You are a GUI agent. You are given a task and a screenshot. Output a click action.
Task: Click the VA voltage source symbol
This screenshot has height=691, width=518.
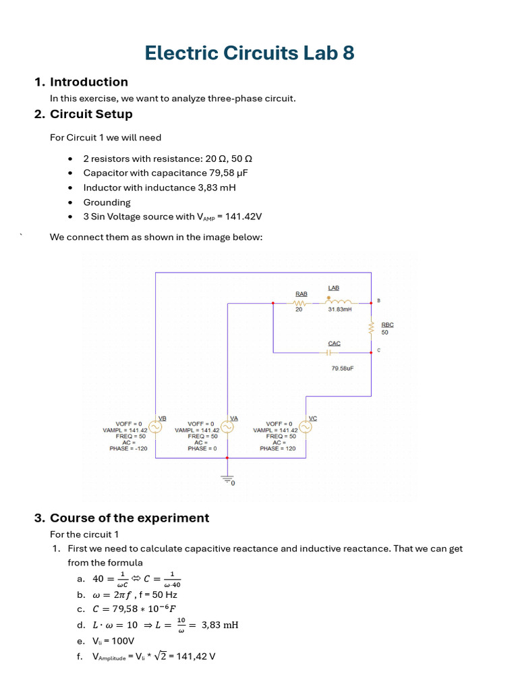(227, 428)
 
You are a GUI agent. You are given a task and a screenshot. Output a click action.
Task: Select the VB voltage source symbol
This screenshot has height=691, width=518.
(155, 428)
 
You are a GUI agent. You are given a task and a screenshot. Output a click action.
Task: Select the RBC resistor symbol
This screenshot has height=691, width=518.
(371, 328)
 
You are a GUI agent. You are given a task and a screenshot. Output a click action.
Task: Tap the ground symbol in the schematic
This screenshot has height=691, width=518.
(227, 478)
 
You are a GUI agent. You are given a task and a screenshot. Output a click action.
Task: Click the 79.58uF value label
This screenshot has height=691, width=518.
(343, 369)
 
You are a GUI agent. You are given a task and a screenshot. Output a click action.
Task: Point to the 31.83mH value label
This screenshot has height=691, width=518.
(339, 310)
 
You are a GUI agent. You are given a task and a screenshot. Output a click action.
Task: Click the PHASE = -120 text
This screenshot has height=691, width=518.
(128, 449)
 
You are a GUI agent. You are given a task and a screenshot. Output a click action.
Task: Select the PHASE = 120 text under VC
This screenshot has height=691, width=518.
(278, 449)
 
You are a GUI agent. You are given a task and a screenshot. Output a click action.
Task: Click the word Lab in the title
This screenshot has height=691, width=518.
(308, 53)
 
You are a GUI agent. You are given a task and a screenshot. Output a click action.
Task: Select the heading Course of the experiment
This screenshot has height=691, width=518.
(129, 518)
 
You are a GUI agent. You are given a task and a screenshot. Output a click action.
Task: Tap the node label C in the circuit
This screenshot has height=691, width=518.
(378, 350)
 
